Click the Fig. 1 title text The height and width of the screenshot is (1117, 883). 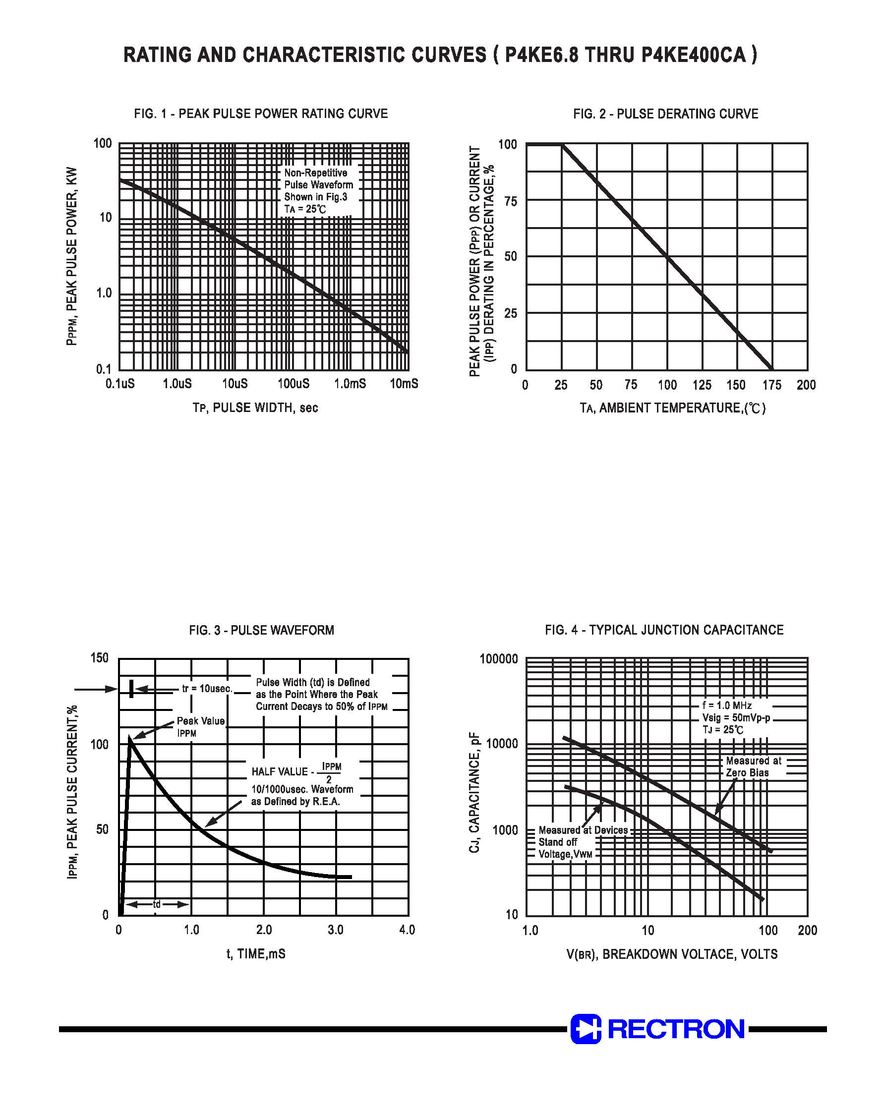(x=261, y=114)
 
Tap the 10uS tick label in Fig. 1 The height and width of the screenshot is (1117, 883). (x=235, y=384)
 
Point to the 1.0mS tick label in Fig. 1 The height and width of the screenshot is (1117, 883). (x=350, y=384)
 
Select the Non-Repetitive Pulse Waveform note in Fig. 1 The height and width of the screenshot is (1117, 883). (x=318, y=191)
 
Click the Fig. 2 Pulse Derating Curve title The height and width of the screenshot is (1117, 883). (x=665, y=114)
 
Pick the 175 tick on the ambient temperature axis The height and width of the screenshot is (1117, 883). (x=772, y=385)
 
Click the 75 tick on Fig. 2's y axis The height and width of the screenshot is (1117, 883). (x=510, y=201)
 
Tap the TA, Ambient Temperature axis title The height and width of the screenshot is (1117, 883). (x=673, y=408)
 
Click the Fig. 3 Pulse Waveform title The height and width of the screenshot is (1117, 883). (x=262, y=630)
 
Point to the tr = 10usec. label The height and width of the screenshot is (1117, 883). (x=207, y=689)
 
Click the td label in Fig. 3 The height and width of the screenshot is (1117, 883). (x=157, y=904)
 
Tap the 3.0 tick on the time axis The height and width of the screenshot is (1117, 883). (x=336, y=930)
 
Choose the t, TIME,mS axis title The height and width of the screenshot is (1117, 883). (x=256, y=954)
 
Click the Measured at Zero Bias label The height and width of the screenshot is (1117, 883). (x=753, y=766)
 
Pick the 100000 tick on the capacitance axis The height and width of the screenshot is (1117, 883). (x=498, y=658)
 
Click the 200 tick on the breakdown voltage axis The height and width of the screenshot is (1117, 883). (x=807, y=931)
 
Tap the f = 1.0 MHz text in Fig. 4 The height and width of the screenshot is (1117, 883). (x=726, y=705)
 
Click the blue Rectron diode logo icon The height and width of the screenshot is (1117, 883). (x=586, y=1029)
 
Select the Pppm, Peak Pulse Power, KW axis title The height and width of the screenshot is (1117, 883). (x=72, y=256)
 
